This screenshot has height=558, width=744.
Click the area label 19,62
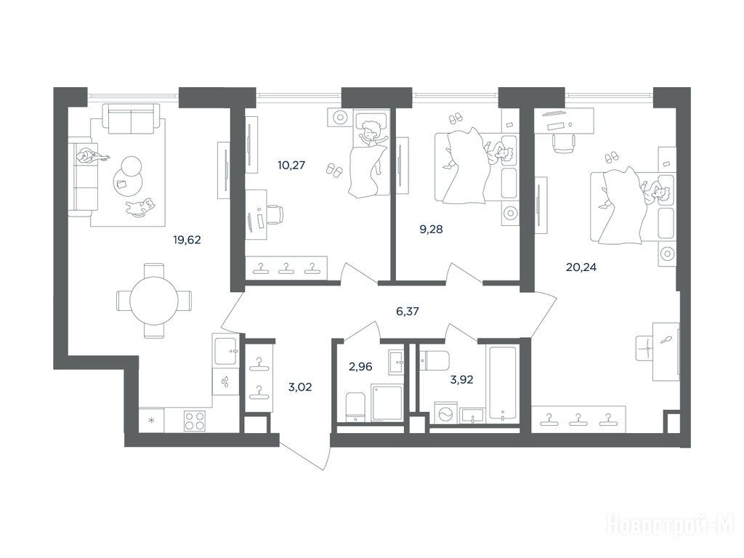pyautogui.click(x=187, y=240)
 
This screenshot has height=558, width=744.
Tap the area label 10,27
pyautogui.click(x=291, y=166)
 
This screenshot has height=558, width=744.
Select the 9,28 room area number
pyautogui.click(x=431, y=230)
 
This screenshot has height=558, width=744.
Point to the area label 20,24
pyautogui.click(x=581, y=267)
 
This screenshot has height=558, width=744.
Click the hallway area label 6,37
pyautogui.click(x=408, y=312)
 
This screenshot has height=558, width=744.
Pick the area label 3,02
pyautogui.click(x=300, y=387)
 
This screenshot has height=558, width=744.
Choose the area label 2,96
pyautogui.click(x=360, y=367)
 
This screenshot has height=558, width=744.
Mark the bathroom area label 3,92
pyautogui.click(x=461, y=379)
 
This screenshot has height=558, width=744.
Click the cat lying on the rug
pyautogui.click(x=141, y=207)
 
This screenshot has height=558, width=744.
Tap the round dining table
pyautogui.click(x=154, y=300)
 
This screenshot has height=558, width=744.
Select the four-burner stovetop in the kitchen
pyautogui.click(x=195, y=420)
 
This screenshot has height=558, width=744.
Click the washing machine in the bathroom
pyautogui.click(x=446, y=413)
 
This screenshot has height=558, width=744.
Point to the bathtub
pyautogui.click(x=504, y=384)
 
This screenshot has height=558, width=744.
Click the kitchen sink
pyautogui.click(x=225, y=350)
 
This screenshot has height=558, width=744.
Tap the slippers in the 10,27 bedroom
pyautogui.click(x=334, y=170)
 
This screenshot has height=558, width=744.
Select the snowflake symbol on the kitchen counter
pyautogui.click(x=152, y=421)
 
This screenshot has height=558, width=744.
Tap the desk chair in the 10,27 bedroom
pyautogui.click(x=274, y=215)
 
